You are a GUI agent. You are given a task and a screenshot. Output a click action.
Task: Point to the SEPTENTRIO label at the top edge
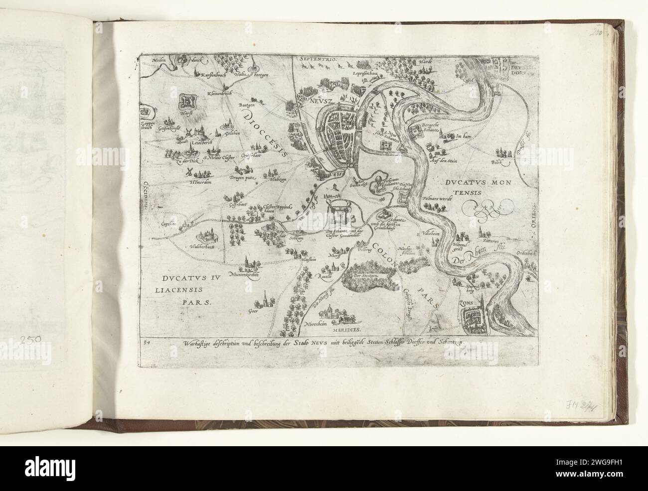click(319, 59)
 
